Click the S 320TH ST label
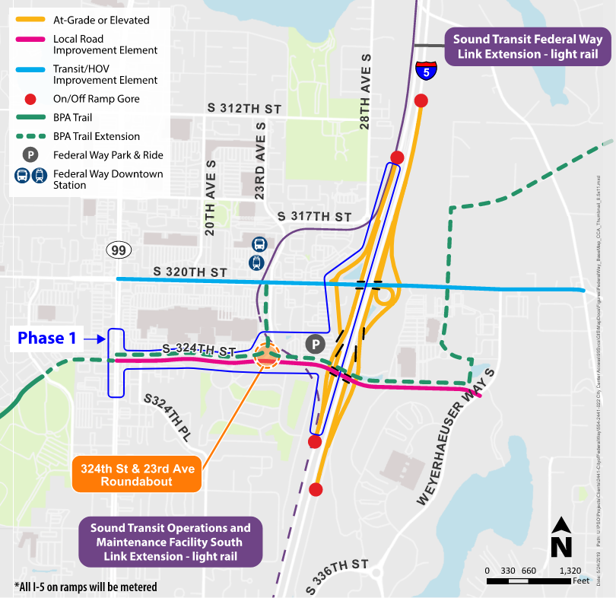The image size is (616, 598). (190, 272)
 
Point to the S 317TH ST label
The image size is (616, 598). (314, 218)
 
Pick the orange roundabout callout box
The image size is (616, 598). (134, 476)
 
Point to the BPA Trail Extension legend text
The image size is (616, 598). (97, 136)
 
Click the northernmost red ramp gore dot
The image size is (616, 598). (421, 100)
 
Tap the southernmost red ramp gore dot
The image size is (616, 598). (316, 488)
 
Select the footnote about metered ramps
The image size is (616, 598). (85, 587)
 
